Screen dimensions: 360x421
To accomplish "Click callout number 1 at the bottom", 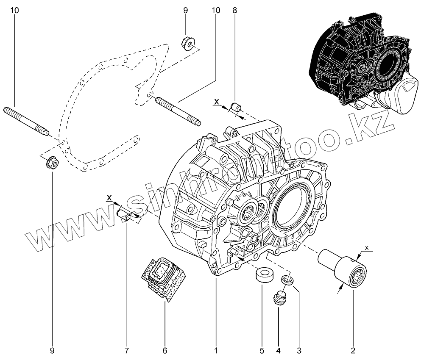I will click(216, 350).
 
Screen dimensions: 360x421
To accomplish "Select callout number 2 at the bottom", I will click(353, 350).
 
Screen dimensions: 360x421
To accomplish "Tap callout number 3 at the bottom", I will click(299, 350).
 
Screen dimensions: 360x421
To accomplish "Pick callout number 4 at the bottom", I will click(279, 350).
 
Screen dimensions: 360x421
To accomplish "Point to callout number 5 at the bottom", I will click(262, 350).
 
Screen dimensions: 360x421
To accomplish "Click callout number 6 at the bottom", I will click(165, 350).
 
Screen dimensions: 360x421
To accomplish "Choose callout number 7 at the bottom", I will click(126, 350).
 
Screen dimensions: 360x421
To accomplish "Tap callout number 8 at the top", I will click(235, 10).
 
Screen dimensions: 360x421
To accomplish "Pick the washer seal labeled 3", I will click(287, 279).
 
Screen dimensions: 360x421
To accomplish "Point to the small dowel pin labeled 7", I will click(124, 211).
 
